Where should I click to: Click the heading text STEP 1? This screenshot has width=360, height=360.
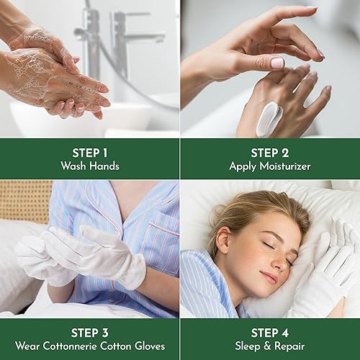[x=90, y=152]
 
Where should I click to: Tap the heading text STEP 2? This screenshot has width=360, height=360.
[x=270, y=152]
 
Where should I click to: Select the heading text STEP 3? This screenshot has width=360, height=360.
[x=90, y=332]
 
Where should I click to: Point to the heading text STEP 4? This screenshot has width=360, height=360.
[x=270, y=332]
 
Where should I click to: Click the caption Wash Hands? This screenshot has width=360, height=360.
[x=90, y=166]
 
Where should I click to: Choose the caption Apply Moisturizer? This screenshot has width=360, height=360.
[x=270, y=166]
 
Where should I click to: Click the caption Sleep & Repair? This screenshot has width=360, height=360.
[x=270, y=346]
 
